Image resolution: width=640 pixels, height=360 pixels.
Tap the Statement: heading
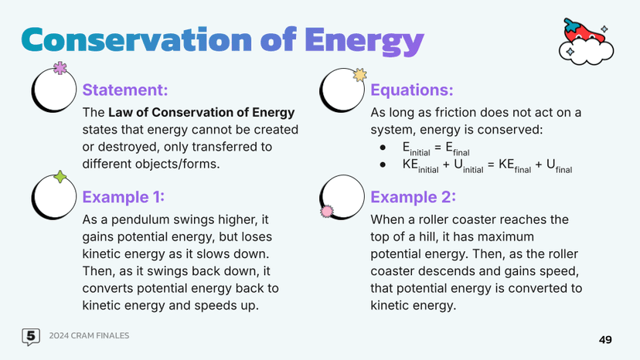(x=125, y=90)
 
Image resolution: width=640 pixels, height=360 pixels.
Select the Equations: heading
(x=412, y=90)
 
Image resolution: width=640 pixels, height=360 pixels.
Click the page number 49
(x=606, y=339)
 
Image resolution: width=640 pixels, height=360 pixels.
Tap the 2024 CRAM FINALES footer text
(x=89, y=336)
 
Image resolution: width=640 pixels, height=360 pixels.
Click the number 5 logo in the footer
(x=31, y=336)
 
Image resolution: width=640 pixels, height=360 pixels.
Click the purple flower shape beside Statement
(x=60, y=69)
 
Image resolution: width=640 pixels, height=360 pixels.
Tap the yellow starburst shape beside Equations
(x=359, y=75)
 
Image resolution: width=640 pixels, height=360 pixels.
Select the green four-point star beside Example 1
(x=60, y=177)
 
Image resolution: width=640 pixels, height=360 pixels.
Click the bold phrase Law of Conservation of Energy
(x=202, y=113)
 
